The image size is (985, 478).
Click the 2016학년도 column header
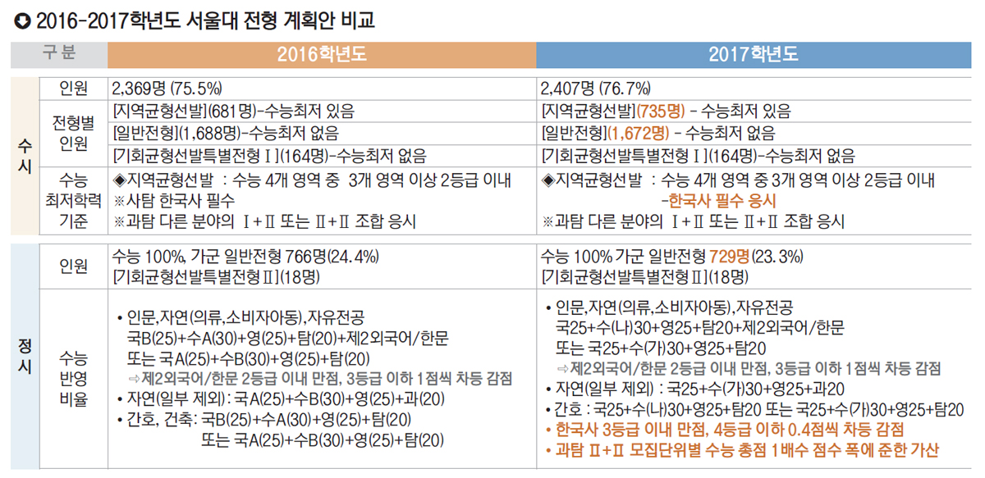tap(321, 55)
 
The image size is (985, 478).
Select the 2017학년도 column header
tap(754, 55)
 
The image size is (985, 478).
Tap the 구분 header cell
tap(58, 54)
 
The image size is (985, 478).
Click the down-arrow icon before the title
tap(20, 19)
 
